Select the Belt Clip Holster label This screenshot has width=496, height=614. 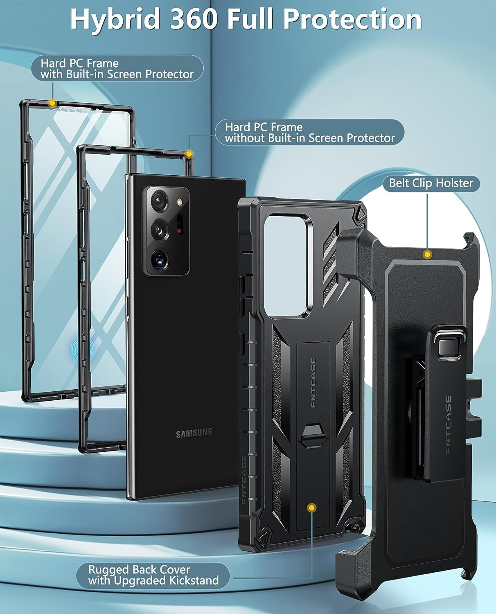click(x=431, y=183)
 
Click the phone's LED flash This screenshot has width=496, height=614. click(x=179, y=202)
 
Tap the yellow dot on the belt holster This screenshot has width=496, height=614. click(x=428, y=255)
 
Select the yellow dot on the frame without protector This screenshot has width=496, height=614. click(x=189, y=154)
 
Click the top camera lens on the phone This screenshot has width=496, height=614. click(x=158, y=201)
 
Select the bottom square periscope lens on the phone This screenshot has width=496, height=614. click(x=158, y=258)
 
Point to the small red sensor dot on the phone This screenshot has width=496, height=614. click(x=179, y=231)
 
